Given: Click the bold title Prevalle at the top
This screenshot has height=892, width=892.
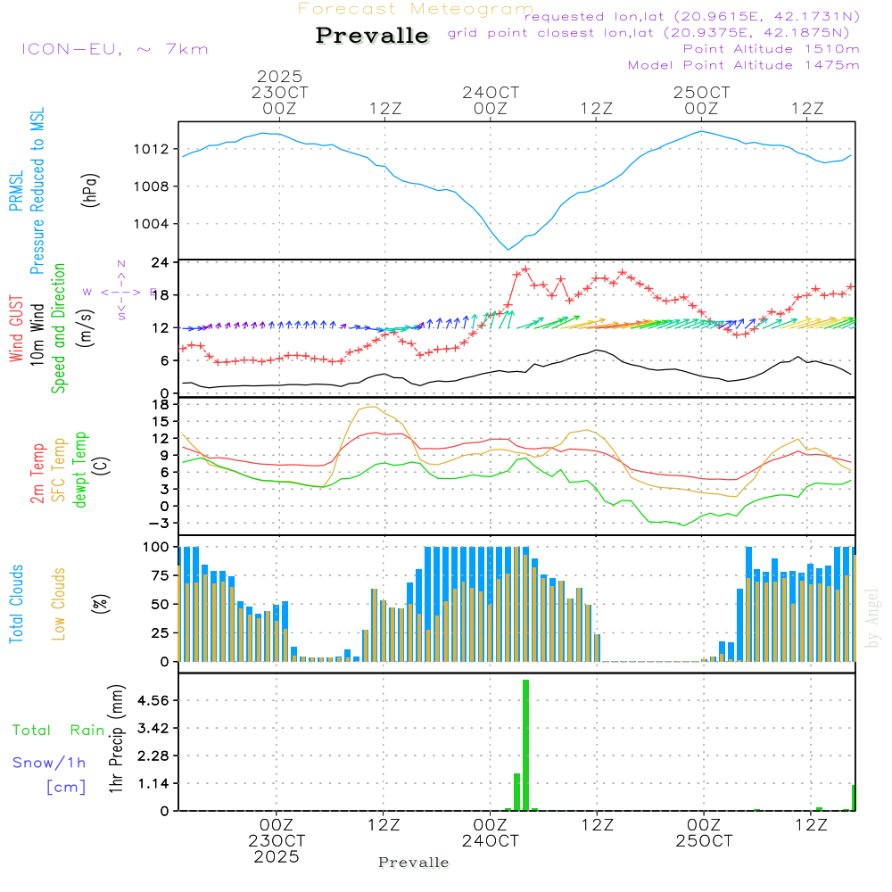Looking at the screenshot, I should pyautogui.click(x=372, y=37).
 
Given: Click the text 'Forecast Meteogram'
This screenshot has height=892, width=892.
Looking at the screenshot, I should pyautogui.click(x=416, y=9).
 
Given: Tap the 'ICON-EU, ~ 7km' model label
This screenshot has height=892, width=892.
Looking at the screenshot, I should pyautogui.click(x=114, y=49).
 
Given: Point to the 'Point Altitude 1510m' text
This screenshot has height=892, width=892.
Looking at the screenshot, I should pyautogui.click(x=771, y=49).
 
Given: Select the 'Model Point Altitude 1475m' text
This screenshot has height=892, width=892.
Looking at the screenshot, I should pyautogui.click(x=743, y=65).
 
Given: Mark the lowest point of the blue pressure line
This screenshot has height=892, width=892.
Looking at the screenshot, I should pyautogui.click(x=508, y=249).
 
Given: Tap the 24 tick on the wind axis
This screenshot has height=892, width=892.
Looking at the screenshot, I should pyautogui.click(x=161, y=262).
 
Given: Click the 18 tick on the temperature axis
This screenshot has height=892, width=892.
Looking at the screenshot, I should pyautogui.click(x=161, y=404).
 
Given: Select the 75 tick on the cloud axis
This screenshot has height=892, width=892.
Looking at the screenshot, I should pyautogui.click(x=161, y=575).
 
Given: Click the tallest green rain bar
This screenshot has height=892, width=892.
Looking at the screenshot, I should pyautogui.click(x=526, y=745).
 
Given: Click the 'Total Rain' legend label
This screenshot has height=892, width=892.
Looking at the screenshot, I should pyautogui.click(x=58, y=731).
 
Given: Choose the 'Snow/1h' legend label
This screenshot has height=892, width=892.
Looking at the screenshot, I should pyautogui.click(x=50, y=764).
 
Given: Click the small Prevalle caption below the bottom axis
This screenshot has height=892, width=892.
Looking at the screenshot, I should pyautogui.click(x=414, y=863).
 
